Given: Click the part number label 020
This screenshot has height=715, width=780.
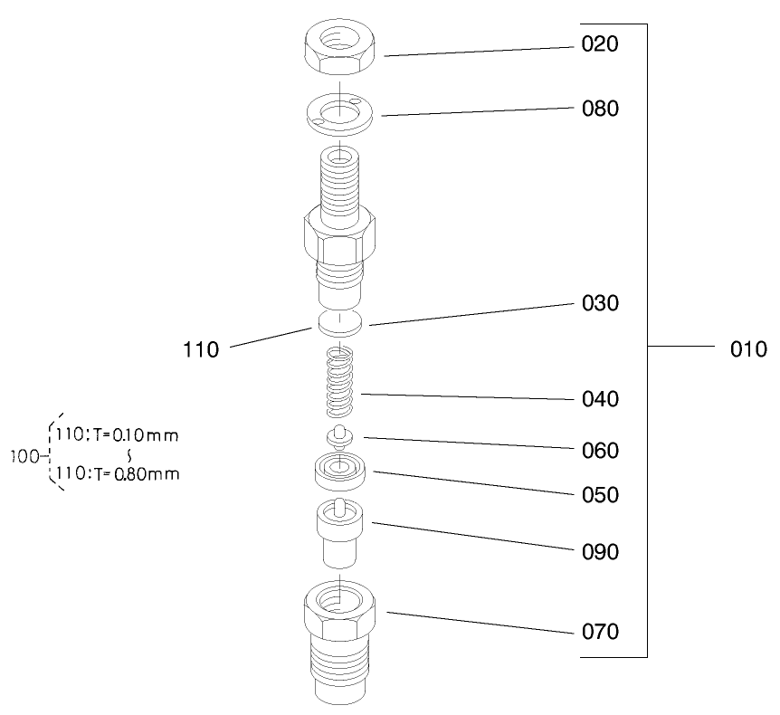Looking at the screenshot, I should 600,44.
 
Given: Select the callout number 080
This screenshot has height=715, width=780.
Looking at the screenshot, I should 600,110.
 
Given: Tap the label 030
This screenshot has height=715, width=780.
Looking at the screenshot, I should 600,303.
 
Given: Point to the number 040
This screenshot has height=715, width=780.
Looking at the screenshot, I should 600,399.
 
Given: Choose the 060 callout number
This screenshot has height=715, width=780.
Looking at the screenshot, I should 600,450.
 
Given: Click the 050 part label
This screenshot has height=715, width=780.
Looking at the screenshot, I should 600,495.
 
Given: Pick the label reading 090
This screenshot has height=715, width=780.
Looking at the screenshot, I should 600,551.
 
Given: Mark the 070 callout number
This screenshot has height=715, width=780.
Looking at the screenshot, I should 600,632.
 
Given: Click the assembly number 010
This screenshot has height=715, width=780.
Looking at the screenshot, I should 748,348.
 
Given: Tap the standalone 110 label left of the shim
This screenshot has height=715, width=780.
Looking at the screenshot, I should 201,349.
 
